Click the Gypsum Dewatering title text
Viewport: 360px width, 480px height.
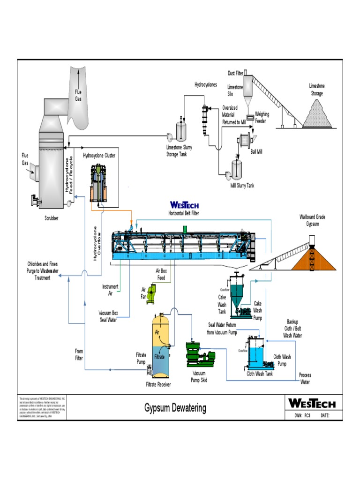pyautogui.click(x=175, y=408)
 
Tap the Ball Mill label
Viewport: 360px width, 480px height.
pyautogui.click(x=256, y=152)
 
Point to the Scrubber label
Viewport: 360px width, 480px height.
pyautogui.click(x=52, y=218)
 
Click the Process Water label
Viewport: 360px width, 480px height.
pyautogui.click(x=305, y=378)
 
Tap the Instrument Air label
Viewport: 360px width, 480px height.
pyautogui.click(x=110, y=289)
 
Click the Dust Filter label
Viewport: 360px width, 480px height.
pyautogui.click(x=235, y=73)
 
